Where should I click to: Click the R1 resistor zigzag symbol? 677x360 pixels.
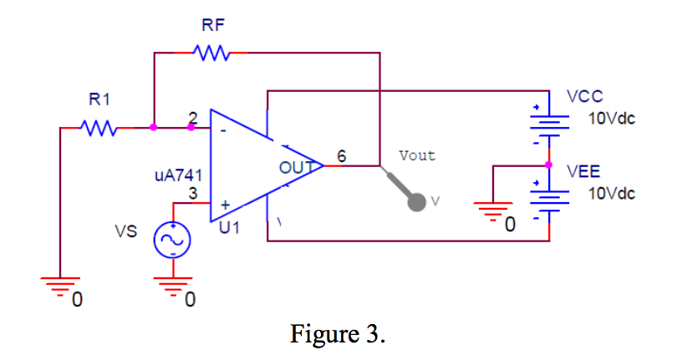[99, 129]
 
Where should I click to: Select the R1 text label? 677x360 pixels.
[99, 100]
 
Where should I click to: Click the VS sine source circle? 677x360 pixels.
[172, 241]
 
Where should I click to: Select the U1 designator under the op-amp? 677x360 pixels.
[229, 226]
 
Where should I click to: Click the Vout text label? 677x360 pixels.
[417, 155]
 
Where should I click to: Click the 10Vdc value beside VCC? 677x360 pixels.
[611, 119]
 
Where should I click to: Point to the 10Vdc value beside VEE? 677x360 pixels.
[611, 194]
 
